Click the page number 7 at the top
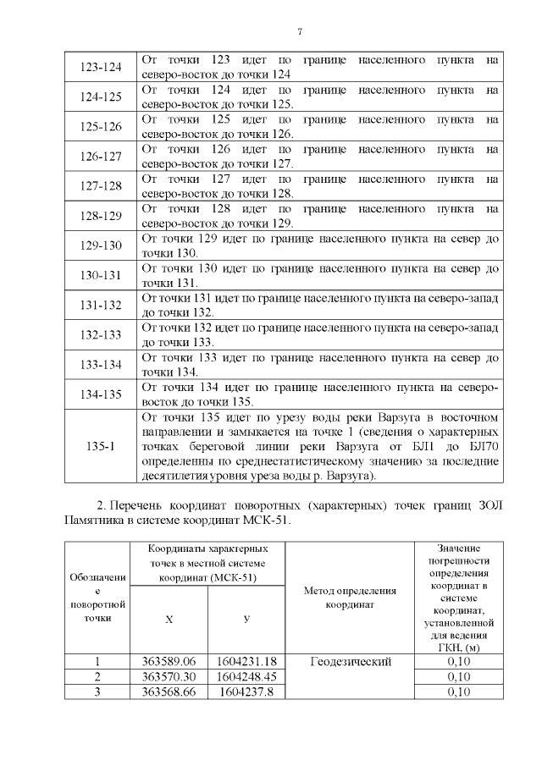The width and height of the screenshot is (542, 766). [x=300, y=32]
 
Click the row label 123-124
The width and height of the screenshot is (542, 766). [x=101, y=67]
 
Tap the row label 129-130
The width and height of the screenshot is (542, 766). [x=101, y=245]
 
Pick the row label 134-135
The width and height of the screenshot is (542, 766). [x=101, y=394]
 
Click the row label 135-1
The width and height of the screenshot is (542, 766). [x=101, y=446]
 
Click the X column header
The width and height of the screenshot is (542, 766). [x=169, y=619]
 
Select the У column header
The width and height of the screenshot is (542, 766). [x=246, y=619]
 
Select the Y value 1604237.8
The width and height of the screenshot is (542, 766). [x=246, y=692]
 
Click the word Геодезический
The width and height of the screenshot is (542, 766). [x=350, y=661]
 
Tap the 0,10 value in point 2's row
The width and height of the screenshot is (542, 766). [x=457, y=676]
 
